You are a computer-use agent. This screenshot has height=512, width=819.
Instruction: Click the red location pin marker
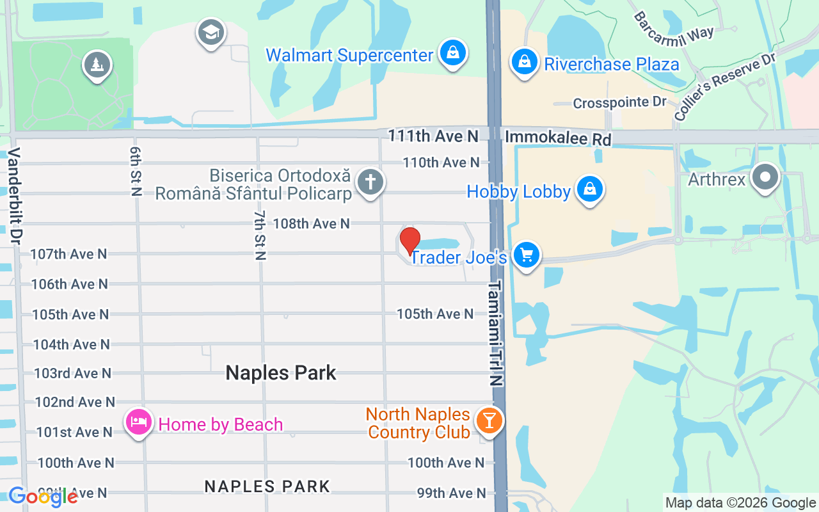point(410,241)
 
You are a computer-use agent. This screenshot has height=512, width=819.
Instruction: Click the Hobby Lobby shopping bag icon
point(589,189)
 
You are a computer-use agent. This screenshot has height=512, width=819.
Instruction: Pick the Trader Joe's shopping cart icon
point(527,255)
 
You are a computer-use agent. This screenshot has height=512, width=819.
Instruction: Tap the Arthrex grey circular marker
point(765,177)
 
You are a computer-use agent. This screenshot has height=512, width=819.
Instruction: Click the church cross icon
point(370,182)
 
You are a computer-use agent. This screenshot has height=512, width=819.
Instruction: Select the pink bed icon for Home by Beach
point(139,422)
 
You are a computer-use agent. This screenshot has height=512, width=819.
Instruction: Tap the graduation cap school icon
point(211,32)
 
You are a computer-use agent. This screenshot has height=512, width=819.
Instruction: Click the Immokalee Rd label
point(558,138)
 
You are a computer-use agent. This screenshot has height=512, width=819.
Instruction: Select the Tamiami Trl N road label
point(496,333)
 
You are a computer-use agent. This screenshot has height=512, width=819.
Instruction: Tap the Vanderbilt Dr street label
point(15,195)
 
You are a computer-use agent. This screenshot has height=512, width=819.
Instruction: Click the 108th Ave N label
point(312,223)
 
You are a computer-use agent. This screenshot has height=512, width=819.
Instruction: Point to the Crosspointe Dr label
point(619,102)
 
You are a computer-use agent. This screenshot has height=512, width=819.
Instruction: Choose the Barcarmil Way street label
point(674,26)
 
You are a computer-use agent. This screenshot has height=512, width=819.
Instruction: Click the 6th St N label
point(135,171)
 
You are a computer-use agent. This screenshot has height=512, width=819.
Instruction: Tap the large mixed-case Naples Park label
point(281,372)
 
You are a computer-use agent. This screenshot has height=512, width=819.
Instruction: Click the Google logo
point(43,496)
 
